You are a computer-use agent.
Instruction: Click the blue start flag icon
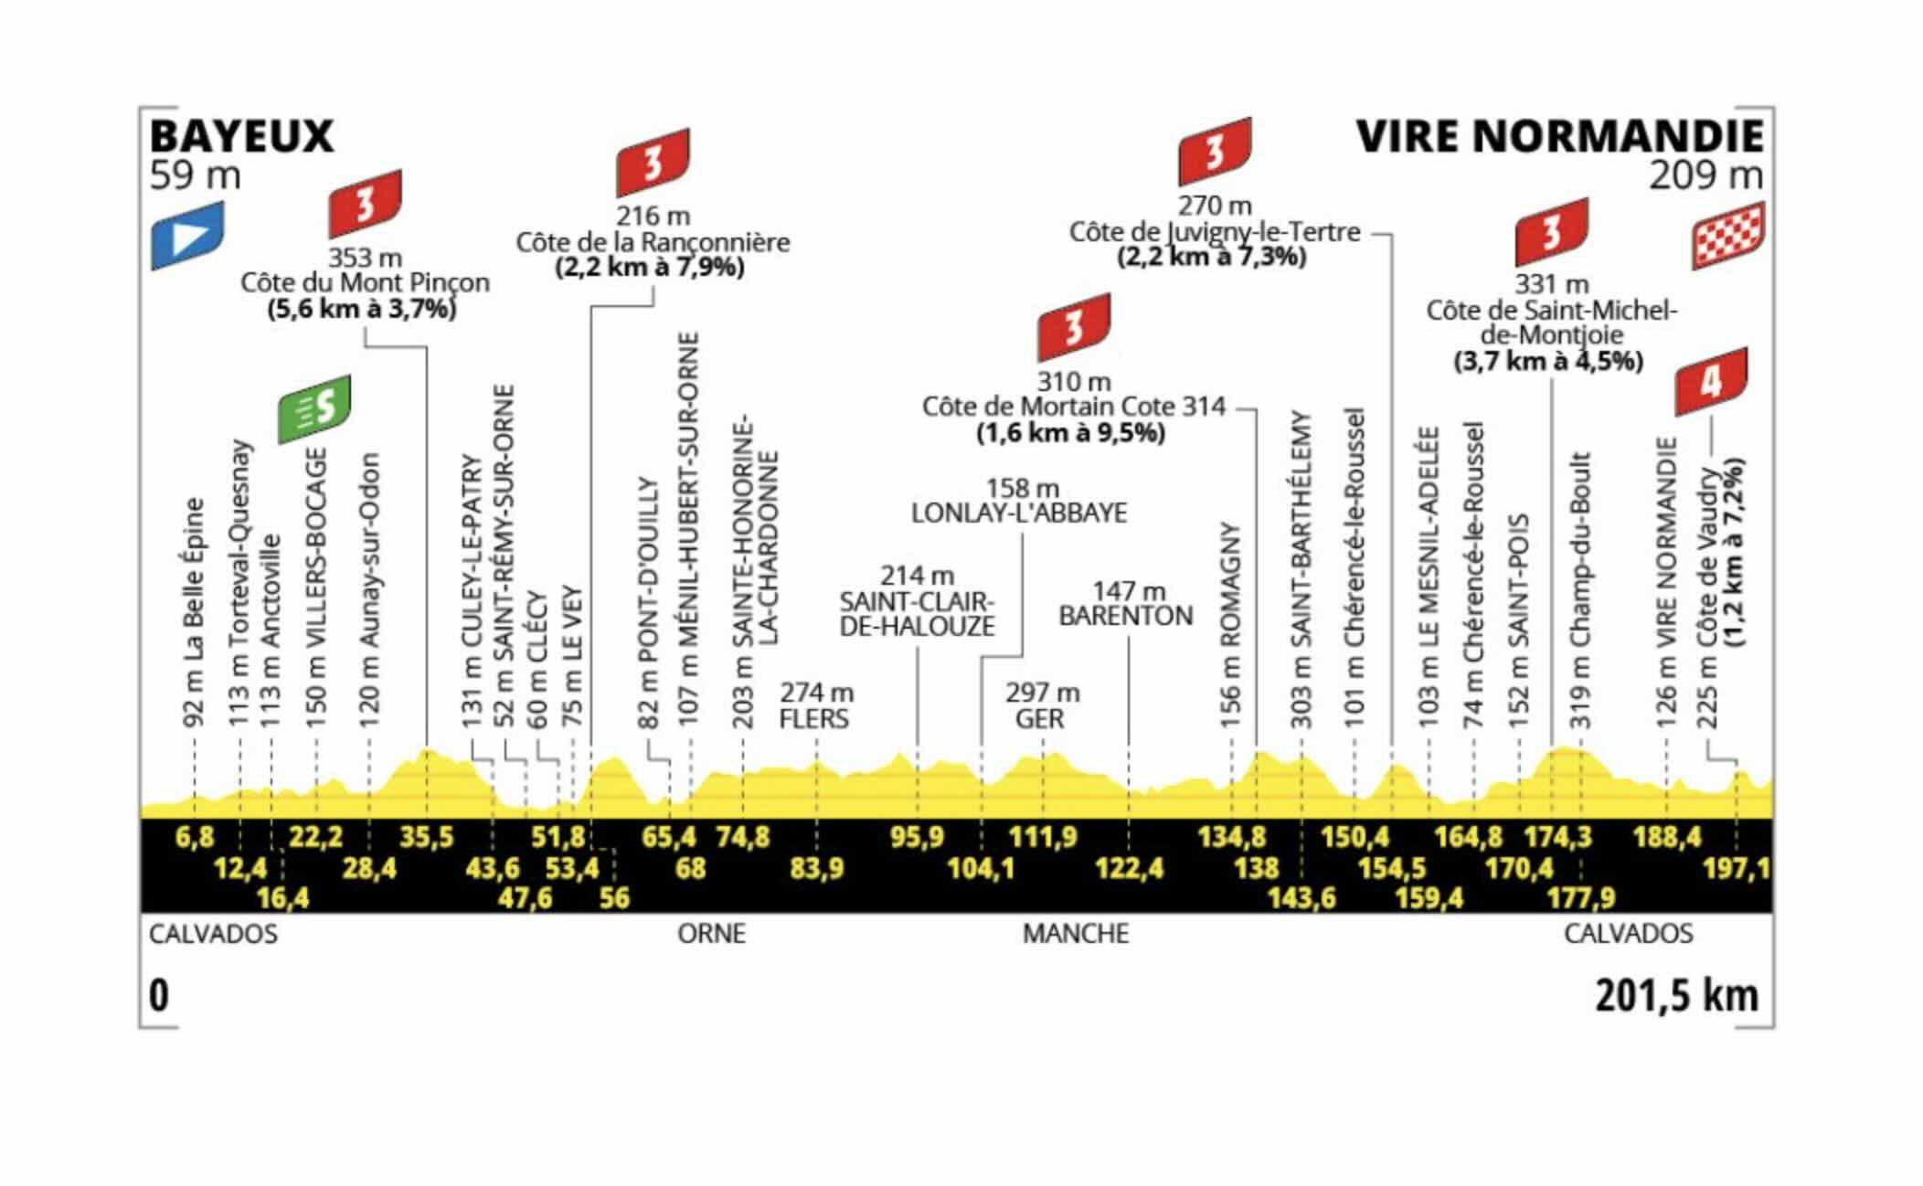187,235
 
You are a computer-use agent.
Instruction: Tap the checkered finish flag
1728,236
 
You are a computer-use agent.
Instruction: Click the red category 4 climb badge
1711,381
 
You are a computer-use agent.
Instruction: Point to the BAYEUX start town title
241,136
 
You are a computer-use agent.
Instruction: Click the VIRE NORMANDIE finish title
1560,136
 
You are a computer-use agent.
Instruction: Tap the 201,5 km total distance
1677,995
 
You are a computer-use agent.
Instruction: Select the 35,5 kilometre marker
427,836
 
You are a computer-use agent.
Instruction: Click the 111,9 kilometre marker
1043,836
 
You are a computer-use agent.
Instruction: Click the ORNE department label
711,934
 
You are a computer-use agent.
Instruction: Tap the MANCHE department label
1076,934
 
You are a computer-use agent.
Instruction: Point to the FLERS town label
813,719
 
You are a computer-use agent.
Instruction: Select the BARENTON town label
1126,616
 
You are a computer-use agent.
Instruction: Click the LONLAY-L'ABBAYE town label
1019,513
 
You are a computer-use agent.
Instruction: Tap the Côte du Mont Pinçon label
366,282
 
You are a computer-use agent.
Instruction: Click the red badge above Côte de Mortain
1074,327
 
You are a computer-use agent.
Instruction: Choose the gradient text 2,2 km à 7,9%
650,267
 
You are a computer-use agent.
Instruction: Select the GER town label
1040,719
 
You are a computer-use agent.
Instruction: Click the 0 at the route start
159,995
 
